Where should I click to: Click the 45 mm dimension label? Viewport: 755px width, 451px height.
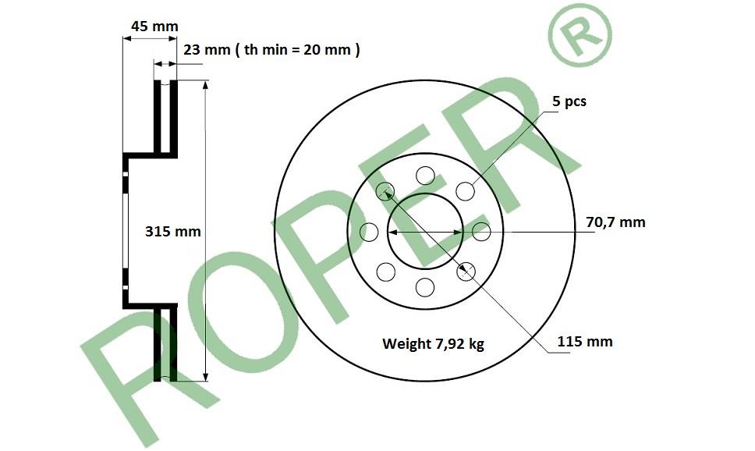[x=154, y=26]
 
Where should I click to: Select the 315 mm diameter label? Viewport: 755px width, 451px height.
[x=173, y=231]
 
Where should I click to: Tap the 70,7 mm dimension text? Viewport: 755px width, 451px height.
[x=615, y=222]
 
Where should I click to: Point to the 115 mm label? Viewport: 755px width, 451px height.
[x=585, y=342]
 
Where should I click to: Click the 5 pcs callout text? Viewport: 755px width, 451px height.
[x=569, y=101]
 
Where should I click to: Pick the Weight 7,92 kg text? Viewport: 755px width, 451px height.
[x=434, y=344]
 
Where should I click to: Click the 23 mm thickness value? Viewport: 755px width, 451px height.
[x=207, y=50]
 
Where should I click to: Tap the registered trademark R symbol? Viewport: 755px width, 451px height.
[x=580, y=37]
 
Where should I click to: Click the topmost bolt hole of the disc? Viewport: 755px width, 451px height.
[x=425, y=176]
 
